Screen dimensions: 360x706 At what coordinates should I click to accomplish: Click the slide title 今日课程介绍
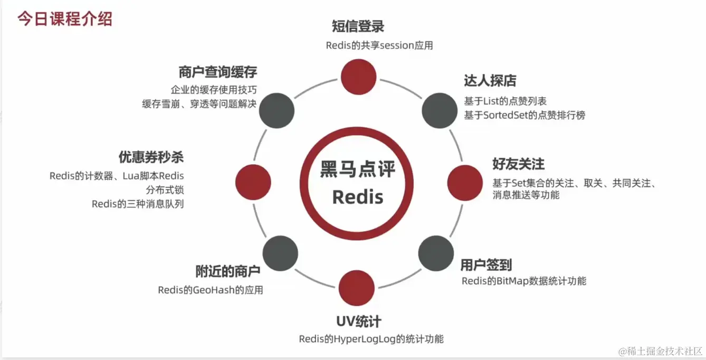[x=64, y=19]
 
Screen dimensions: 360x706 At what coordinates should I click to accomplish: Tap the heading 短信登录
[x=358, y=26]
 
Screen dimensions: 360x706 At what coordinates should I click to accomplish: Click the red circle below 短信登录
[x=358, y=75]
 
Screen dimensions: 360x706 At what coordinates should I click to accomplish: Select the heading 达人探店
[x=490, y=81]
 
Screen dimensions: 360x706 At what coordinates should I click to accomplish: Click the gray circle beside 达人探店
[x=440, y=110]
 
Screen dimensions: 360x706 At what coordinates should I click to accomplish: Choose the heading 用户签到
[x=486, y=264]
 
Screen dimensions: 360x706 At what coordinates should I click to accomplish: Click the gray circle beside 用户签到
[x=436, y=254]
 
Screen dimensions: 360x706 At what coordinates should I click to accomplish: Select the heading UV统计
[x=359, y=321]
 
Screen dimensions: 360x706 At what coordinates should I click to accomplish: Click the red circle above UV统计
[x=357, y=288]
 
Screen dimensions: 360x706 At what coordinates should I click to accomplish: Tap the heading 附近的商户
[x=228, y=272]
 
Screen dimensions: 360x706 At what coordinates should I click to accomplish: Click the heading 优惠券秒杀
[x=151, y=157]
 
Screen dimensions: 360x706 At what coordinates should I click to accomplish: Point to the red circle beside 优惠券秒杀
[x=253, y=182]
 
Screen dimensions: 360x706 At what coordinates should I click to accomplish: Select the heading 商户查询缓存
[x=217, y=72]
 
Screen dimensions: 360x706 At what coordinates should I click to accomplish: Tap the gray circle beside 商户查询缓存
[x=277, y=110]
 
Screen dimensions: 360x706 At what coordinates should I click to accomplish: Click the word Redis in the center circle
[x=358, y=197]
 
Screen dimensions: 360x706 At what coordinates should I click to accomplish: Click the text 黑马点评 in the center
[x=358, y=170]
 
